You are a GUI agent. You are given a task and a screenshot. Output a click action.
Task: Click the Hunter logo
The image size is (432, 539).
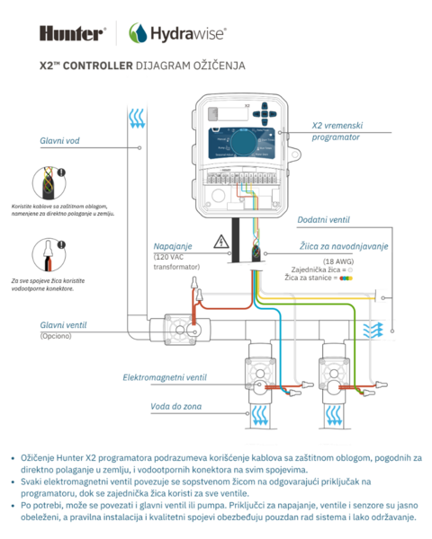(x=73, y=33)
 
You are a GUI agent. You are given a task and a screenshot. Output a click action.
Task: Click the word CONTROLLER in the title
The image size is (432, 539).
(x=100, y=66)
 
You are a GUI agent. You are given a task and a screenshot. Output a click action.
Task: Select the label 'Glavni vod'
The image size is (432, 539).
(x=61, y=140)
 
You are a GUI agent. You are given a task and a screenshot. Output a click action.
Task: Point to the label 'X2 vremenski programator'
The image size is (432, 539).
(x=335, y=132)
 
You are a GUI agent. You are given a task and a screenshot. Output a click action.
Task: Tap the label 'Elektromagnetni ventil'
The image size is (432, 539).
(x=165, y=377)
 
